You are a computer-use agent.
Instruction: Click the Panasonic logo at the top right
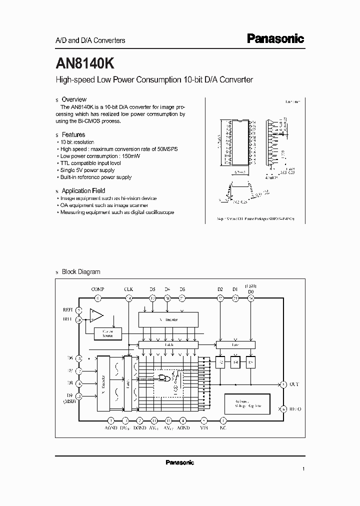tap(275, 39)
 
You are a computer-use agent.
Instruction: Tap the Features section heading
tap(73, 134)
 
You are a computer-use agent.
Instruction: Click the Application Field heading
tap(83, 190)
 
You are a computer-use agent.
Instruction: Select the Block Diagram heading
tap(80, 272)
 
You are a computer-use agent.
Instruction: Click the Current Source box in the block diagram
tap(107, 332)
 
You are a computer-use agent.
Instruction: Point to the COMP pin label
tap(98, 289)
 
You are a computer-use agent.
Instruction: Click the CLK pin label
tap(128, 289)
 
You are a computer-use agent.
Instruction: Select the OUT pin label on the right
tap(294, 384)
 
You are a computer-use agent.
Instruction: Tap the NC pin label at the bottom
tap(222, 428)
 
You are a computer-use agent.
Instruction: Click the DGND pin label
tap(140, 428)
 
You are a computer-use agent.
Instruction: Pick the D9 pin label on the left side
tap(69, 395)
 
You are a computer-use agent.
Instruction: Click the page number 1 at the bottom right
tap(303, 469)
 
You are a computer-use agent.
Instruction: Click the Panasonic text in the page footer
tap(179, 462)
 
